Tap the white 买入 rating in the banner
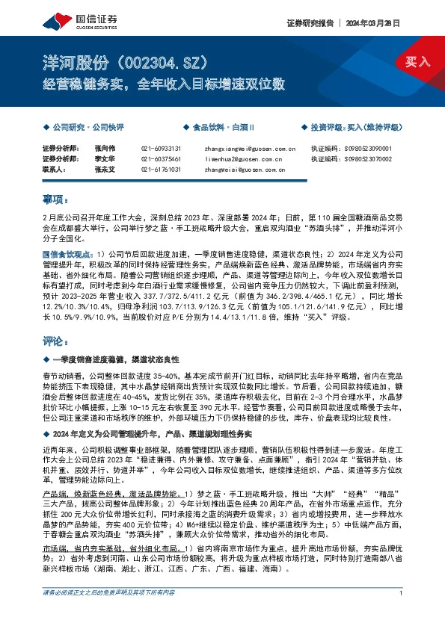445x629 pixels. (418, 61)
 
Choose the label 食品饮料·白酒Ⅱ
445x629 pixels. (224, 128)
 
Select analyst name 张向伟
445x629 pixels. (105, 149)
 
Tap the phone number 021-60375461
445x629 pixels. (161, 159)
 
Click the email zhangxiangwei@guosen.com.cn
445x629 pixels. (250, 149)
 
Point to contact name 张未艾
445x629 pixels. (105, 170)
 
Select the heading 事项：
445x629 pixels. (55, 199)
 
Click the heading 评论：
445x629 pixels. (55, 341)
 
